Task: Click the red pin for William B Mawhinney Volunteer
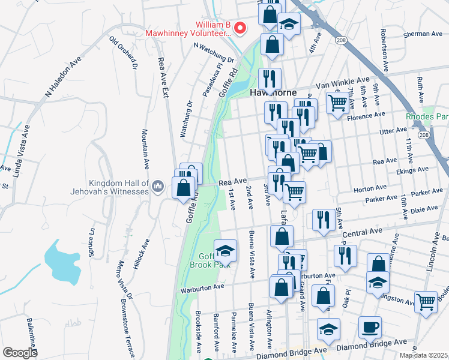pos(240,28)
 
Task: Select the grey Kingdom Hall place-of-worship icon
pos(157,186)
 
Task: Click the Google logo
pos(20,353)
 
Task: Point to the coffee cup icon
pos(369,328)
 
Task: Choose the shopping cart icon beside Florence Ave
pos(338,103)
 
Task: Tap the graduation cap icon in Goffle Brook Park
pos(225,250)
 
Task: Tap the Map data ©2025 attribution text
pos(423,355)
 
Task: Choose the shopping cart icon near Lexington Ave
pos(426,302)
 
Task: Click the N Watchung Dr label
pos(213,53)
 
